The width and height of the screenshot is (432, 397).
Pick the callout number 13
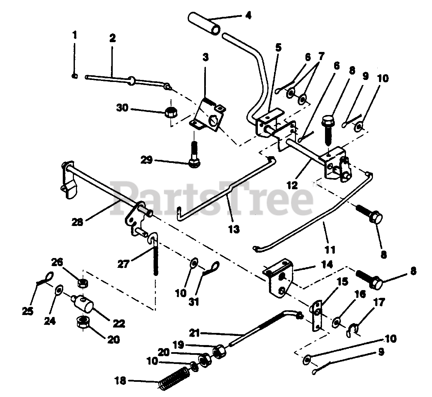point(234,229)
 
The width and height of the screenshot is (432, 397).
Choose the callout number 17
point(379,302)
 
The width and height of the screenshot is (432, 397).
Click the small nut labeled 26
point(81,283)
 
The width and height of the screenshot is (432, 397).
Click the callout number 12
point(293,185)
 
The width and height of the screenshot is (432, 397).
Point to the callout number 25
point(28,310)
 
